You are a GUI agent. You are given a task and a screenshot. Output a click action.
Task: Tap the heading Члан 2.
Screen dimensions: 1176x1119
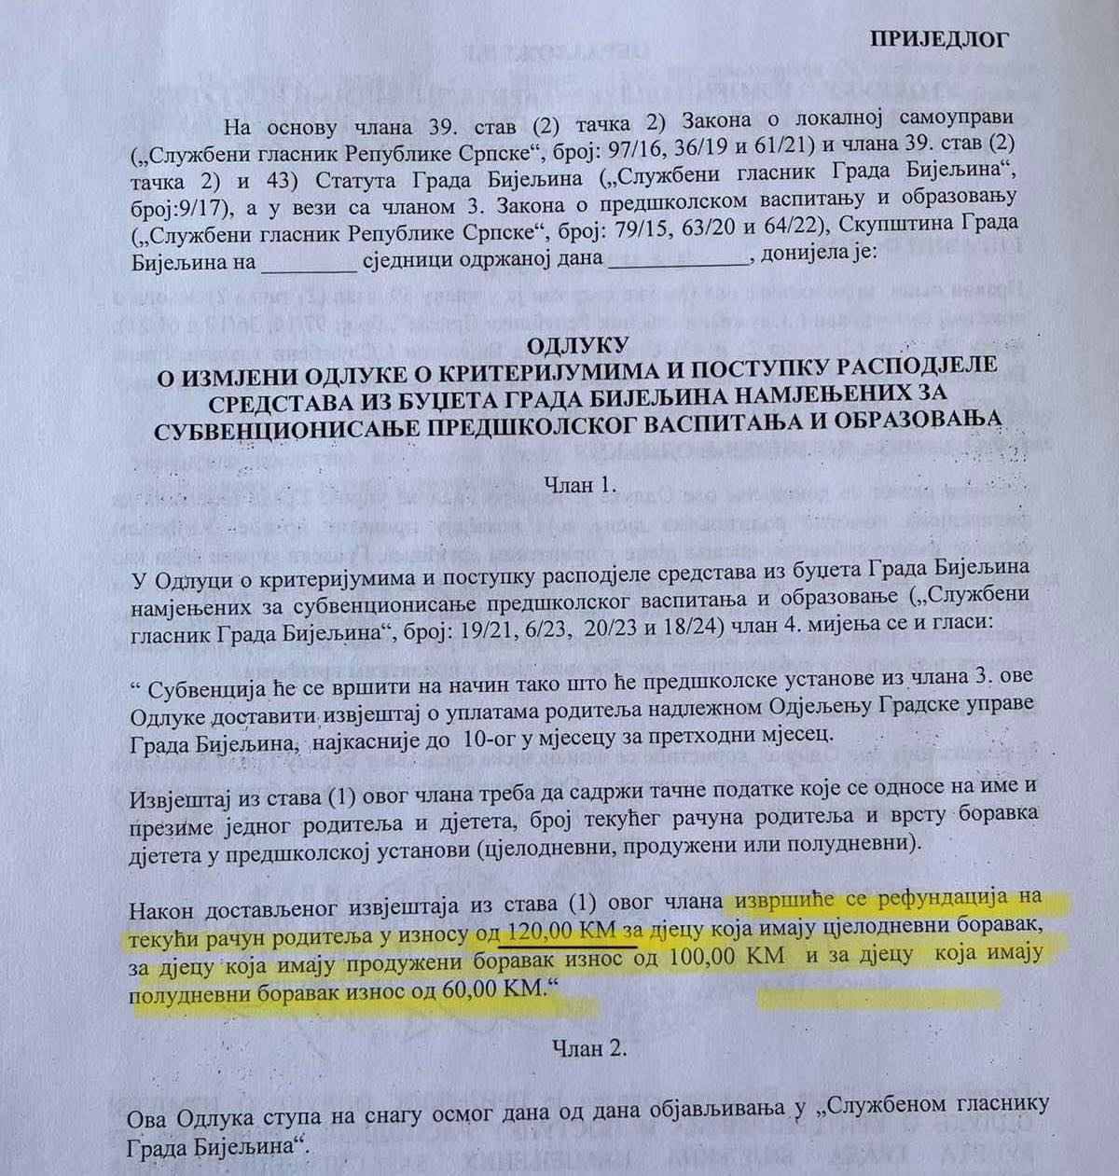click(x=587, y=1048)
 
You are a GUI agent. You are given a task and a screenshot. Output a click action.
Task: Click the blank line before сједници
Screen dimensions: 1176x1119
click(x=308, y=262)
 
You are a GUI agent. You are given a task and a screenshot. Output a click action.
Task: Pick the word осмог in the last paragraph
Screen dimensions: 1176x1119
click(x=464, y=1103)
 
